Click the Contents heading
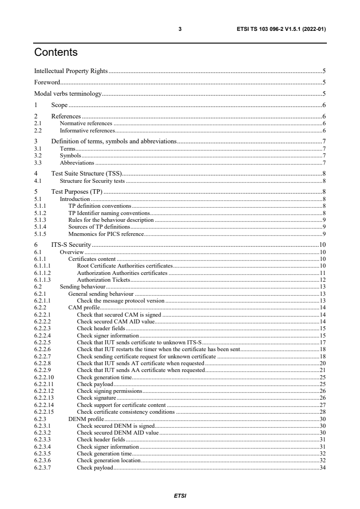[x=56, y=52]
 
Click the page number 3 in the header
[x=180, y=29]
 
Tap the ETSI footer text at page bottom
[x=180, y=495]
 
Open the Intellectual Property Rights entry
[x=71, y=71]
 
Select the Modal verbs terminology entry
[x=68, y=94]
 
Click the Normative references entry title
[x=86, y=123]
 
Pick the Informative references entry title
[x=87, y=130]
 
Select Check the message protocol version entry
[x=120, y=301]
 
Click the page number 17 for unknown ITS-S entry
[x=323, y=342]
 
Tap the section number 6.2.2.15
[x=44, y=412]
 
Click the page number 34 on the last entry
[x=323, y=468]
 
